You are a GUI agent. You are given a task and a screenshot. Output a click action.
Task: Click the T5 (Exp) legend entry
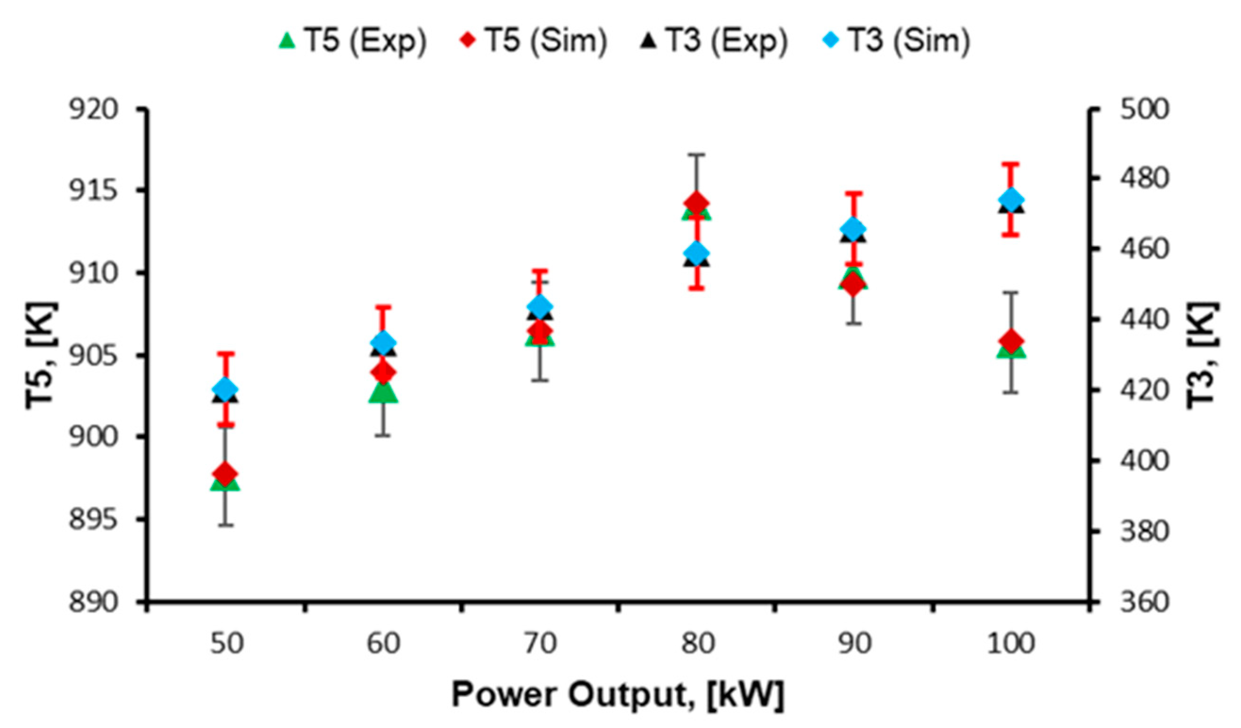pos(352,41)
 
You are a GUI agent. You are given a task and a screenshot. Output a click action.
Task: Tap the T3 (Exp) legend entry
pos(714,41)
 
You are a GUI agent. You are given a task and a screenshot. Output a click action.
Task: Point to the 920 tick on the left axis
pos(93,110)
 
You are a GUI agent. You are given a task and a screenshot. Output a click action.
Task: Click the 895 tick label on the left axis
pos(93,519)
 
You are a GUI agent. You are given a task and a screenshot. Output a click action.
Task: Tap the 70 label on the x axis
pos(540,643)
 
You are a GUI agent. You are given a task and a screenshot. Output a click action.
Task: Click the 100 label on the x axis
pos(1011,643)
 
